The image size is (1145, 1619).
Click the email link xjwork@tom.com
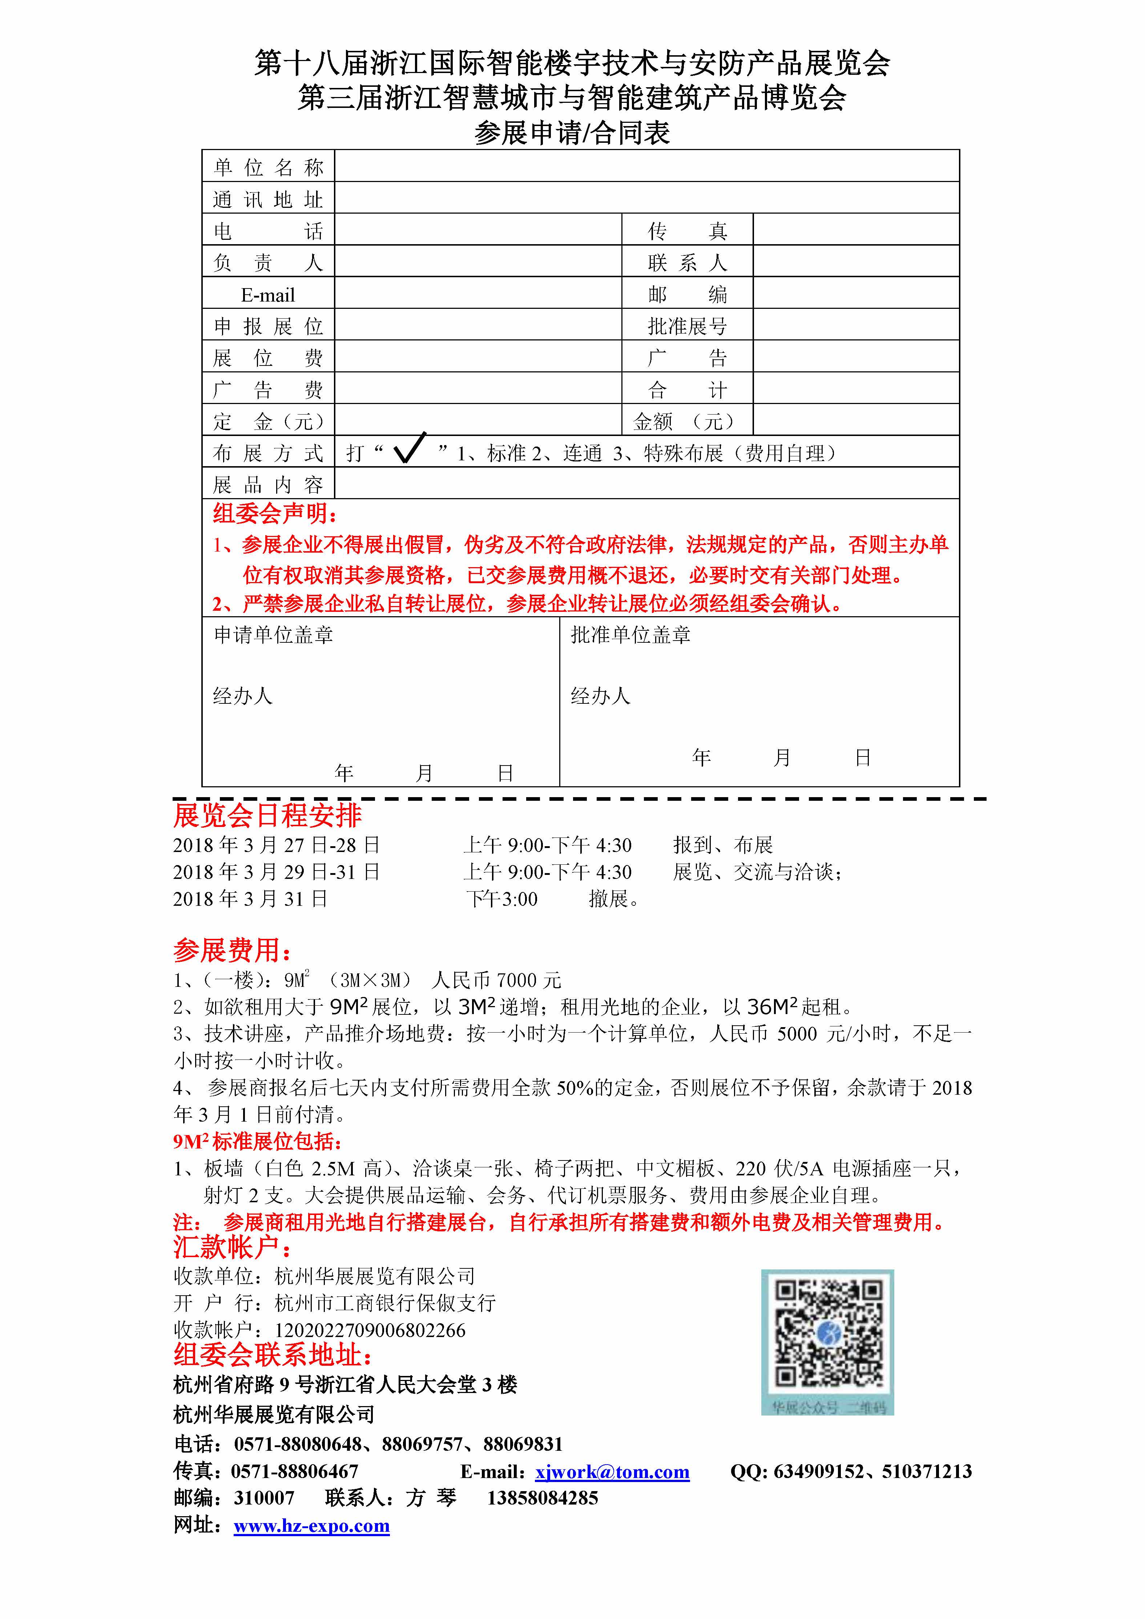pyautogui.click(x=612, y=1471)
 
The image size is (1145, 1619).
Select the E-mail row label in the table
pyautogui.click(x=268, y=295)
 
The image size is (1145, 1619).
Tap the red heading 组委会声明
pyautogui.click(x=275, y=513)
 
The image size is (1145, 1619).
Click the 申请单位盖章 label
pyautogui.click(x=274, y=635)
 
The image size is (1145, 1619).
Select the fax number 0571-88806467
pyautogui.click(x=295, y=1471)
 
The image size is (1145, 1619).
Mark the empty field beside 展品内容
pyautogui.click(x=646, y=484)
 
